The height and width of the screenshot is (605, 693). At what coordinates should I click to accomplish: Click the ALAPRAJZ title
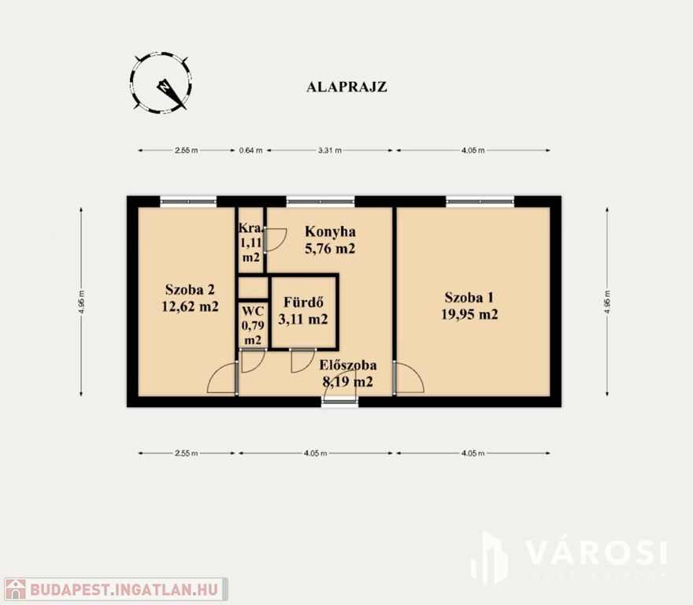tap(346, 87)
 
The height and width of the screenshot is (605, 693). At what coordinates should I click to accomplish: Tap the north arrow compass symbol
tap(161, 82)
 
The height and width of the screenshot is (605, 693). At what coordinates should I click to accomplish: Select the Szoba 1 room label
tap(469, 297)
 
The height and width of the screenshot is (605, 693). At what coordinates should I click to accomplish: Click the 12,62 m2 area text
tap(190, 306)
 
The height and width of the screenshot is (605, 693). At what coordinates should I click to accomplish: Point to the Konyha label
tap(330, 232)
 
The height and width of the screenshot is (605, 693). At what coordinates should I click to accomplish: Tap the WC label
tap(253, 311)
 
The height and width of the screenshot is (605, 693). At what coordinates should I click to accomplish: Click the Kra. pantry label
tap(251, 228)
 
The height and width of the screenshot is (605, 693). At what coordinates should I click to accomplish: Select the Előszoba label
tap(348, 366)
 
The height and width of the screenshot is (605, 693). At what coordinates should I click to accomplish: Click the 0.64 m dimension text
tap(250, 150)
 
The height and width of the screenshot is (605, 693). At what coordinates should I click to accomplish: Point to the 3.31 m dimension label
tap(330, 150)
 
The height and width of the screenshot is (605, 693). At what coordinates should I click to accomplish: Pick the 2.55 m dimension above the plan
tap(186, 150)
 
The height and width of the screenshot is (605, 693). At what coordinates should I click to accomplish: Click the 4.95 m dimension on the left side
tap(81, 302)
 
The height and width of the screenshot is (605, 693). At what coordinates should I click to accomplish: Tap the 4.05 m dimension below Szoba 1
tap(473, 453)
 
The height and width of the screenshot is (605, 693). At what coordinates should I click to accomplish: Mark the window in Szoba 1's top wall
tap(480, 202)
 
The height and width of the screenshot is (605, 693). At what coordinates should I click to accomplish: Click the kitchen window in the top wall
tap(321, 202)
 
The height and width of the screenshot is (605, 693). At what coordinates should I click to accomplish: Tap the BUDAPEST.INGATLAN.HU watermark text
tap(124, 589)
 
